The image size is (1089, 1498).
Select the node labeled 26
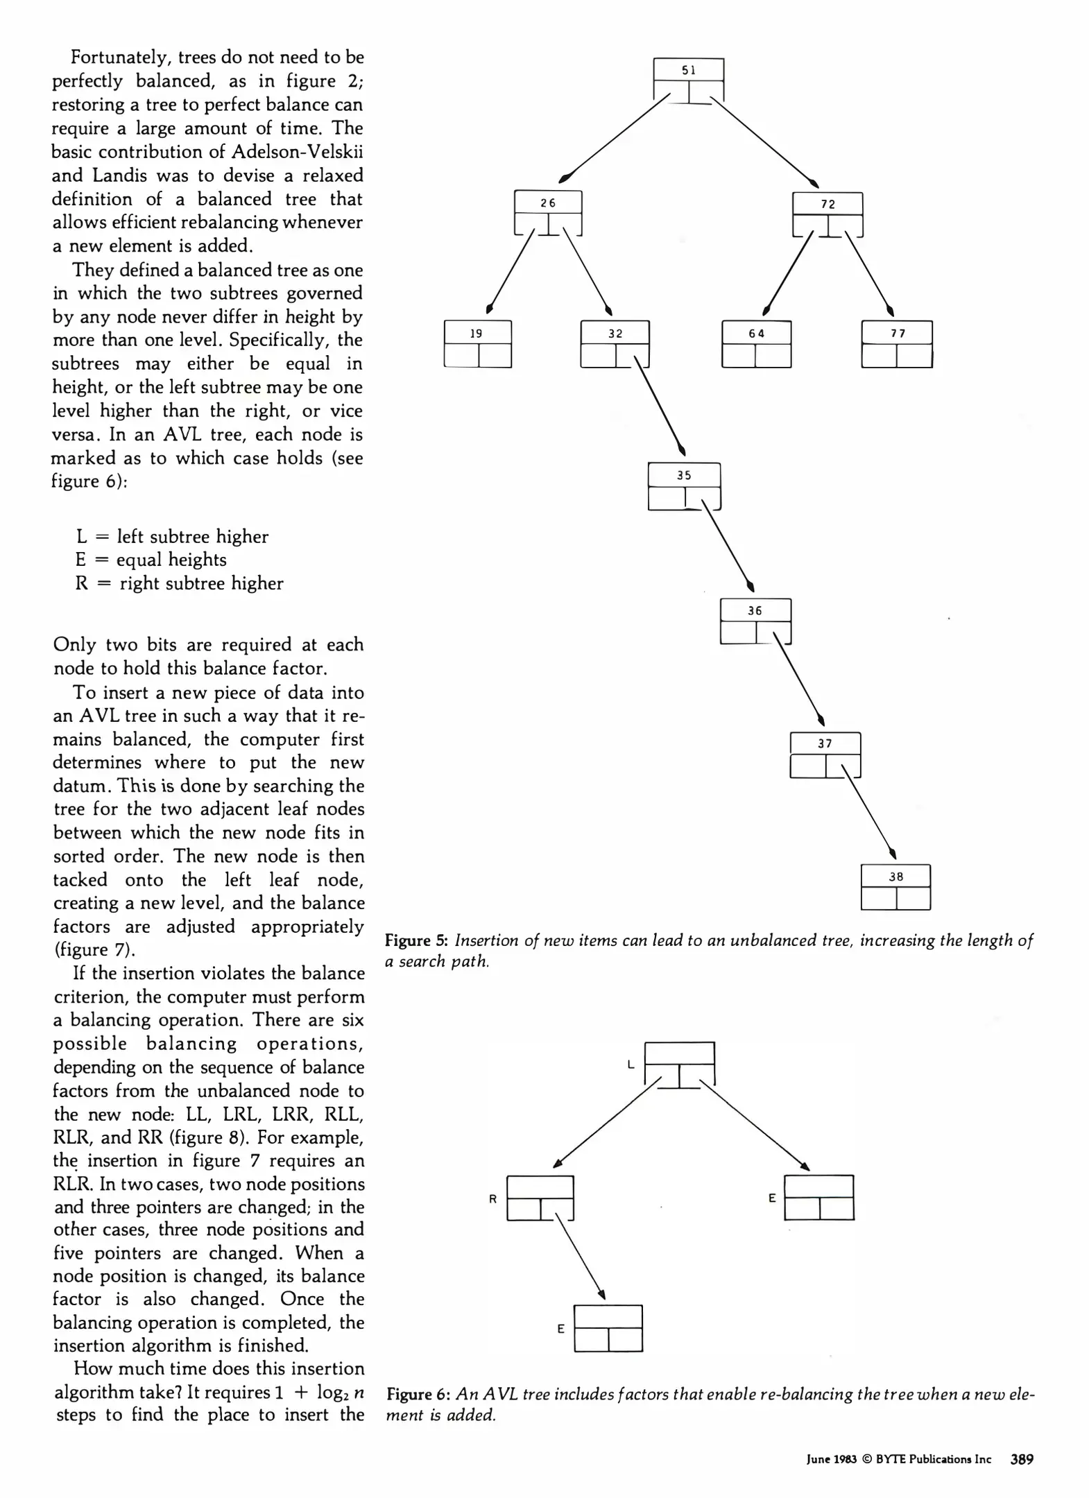[547, 213]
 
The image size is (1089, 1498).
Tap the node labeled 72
[828, 214]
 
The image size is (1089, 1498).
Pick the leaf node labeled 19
[477, 343]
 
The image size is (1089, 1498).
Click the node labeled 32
[615, 343]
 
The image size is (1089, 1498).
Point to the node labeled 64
[756, 343]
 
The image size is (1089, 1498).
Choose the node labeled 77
[897, 343]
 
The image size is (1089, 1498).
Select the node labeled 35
[684, 486]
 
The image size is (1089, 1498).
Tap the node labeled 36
[755, 621]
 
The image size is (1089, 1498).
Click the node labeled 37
[825, 755]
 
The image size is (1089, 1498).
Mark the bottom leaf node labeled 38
[895, 886]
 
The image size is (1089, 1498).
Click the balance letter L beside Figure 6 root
[631, 1065]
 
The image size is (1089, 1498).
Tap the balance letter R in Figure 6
[492, 1198]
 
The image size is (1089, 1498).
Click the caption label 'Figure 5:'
[417, 940]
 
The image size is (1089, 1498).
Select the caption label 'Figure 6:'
[418, 1394]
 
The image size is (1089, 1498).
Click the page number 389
[1022, 1459]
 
